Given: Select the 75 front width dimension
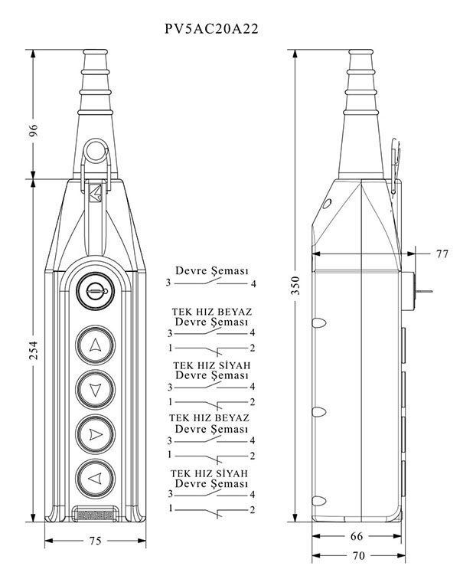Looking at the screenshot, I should tap(95, 541).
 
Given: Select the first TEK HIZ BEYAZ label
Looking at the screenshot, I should tap(210, 312).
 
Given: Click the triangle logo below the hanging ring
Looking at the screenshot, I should tap(96, 192).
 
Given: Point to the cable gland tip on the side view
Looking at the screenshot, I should tap(359, 55).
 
